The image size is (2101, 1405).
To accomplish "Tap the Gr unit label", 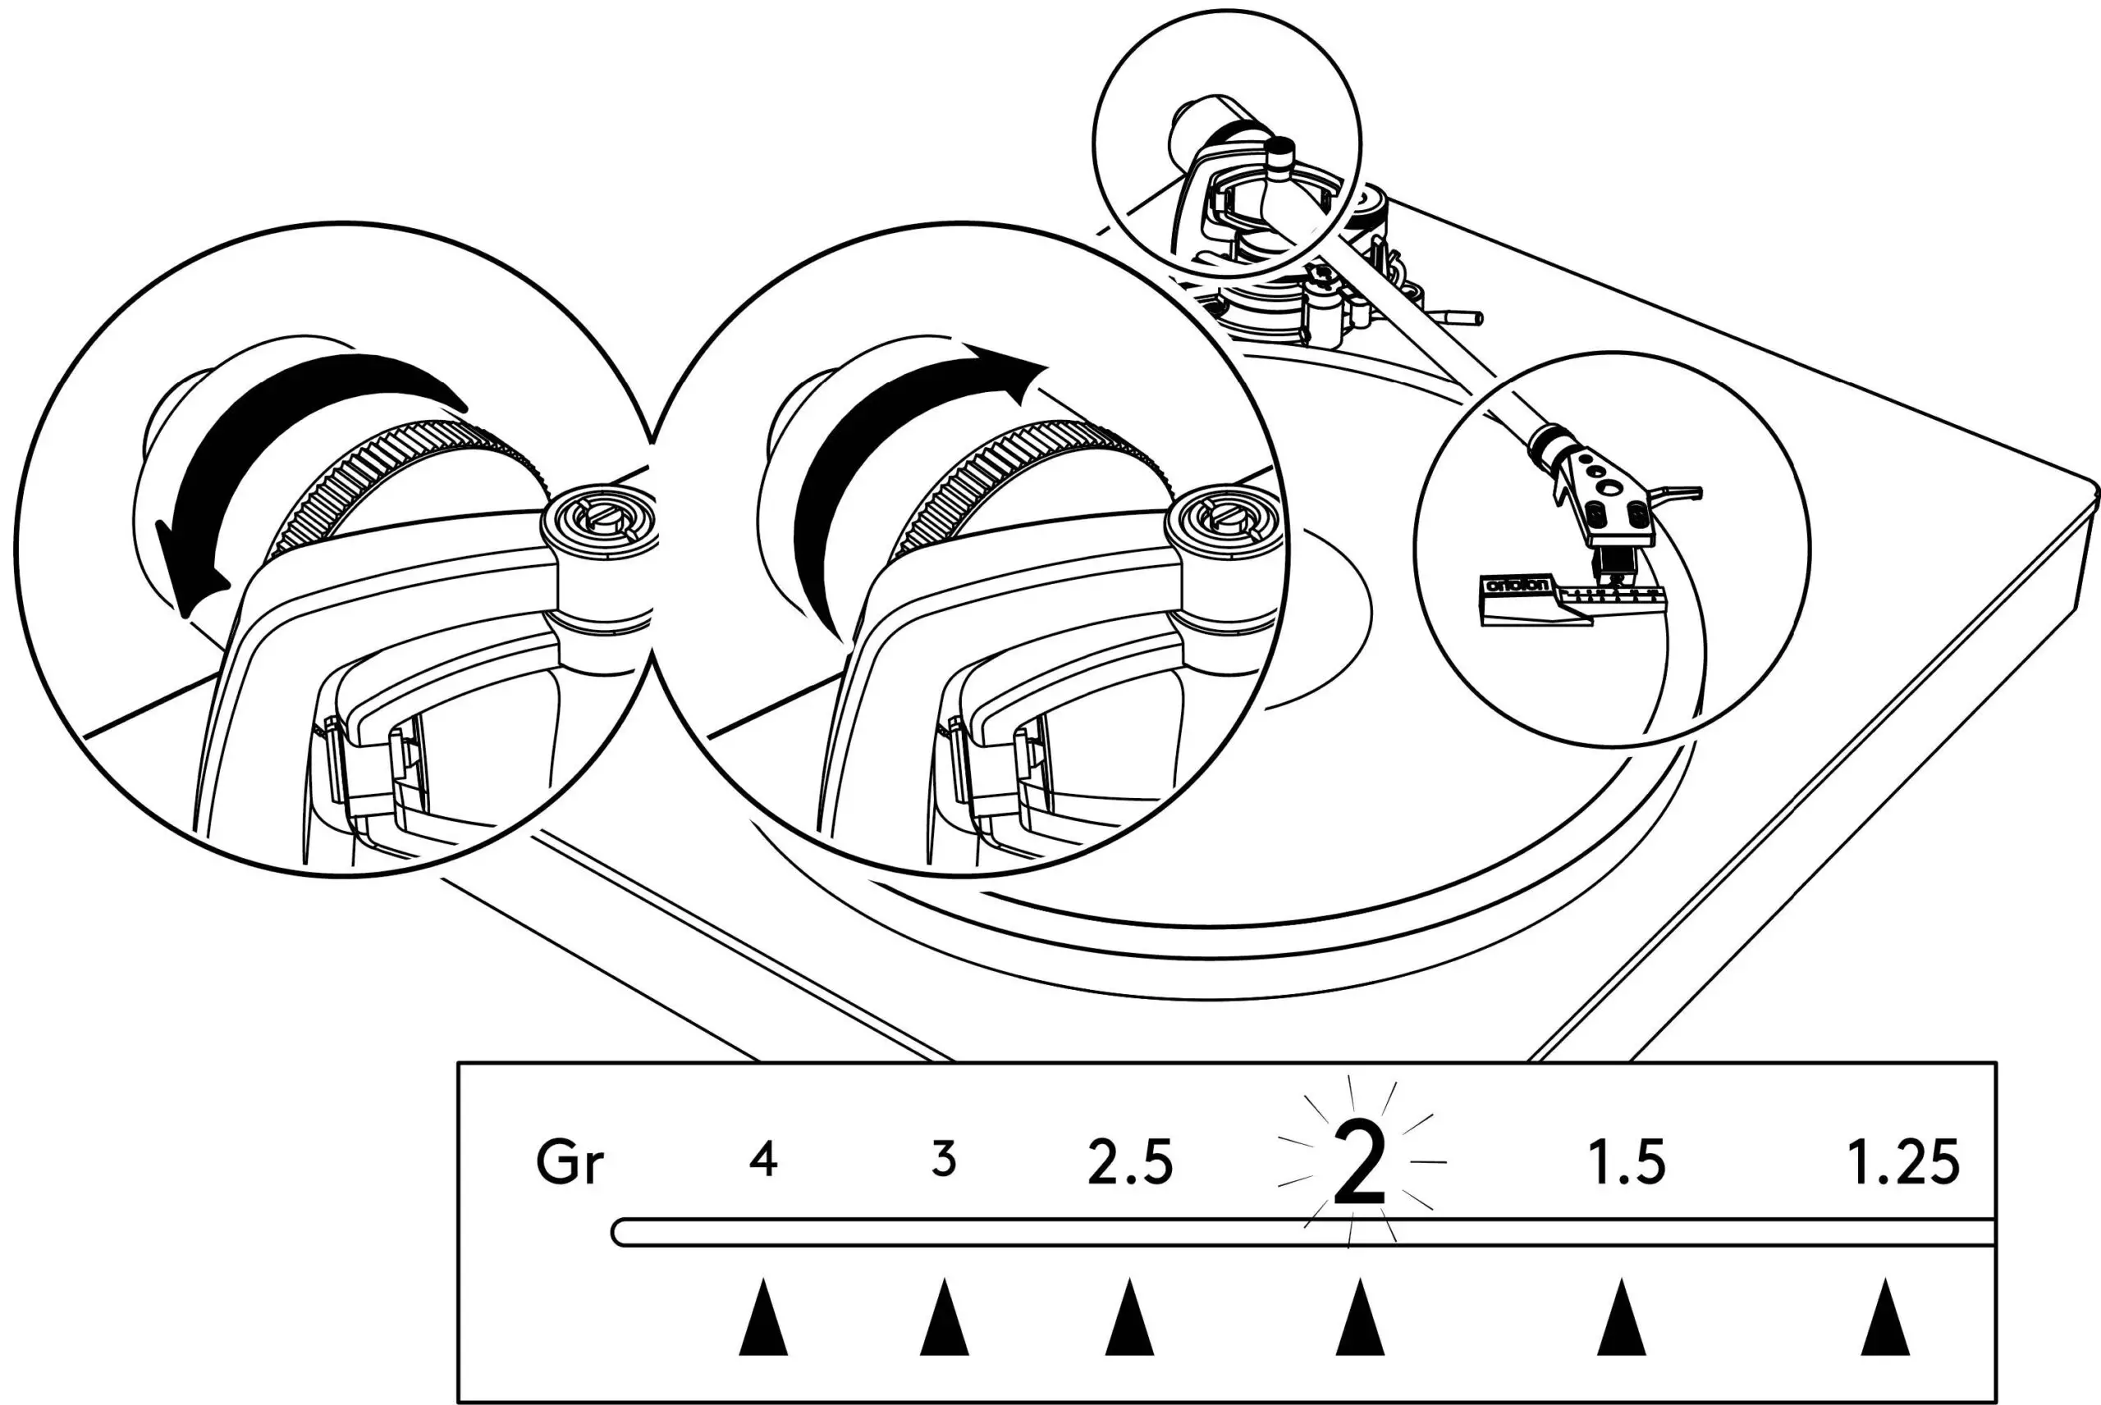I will pos(570,1162).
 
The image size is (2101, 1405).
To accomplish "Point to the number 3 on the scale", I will pos(943,1160).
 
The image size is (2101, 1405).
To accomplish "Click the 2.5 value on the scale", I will pos(1129,1162).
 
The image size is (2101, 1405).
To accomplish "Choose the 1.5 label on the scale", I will pos(1626,1162).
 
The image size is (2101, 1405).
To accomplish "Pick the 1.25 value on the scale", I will pos(1904,1162).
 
